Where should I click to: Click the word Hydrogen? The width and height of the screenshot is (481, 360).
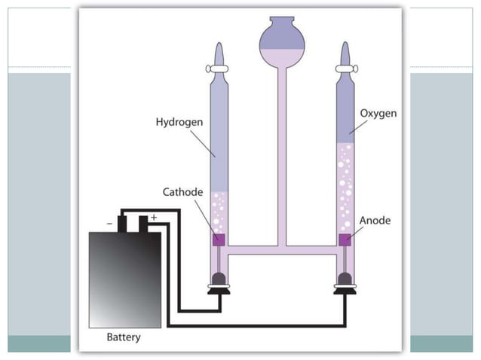point(179,121)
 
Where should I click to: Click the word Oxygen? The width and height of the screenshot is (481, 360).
point(378,113)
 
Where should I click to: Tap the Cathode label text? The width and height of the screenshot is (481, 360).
point(183,192)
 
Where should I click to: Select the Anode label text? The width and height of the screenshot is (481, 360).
point(375,221)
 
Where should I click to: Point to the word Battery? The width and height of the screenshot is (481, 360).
point(123,337)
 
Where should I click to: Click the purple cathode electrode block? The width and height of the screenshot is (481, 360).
point(218,239)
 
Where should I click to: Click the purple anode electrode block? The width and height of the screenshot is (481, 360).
point(345,239)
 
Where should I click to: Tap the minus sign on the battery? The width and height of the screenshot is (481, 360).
point(111,222)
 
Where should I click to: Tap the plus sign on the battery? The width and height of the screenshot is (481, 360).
point(154,218)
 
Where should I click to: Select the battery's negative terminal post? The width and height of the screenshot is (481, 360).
point(121,224)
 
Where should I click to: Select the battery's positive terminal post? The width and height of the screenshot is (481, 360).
point(143,224)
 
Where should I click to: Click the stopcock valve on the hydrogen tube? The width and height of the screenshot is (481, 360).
point(217,68)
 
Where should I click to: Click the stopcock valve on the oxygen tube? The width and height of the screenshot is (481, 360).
point(345,68)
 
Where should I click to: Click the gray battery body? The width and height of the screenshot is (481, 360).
point(124,279)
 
